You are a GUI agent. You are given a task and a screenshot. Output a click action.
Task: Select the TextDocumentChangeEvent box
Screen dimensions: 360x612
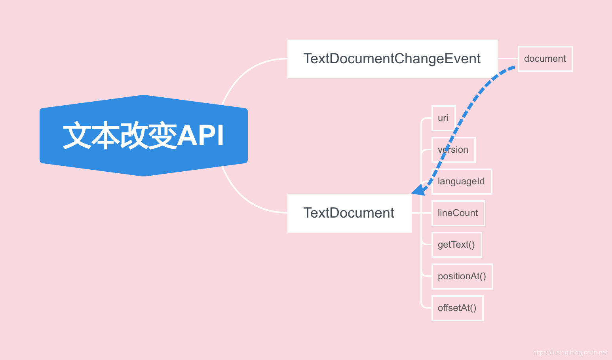point(392,59)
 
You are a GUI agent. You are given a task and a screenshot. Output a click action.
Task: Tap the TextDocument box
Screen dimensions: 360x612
point(349,213)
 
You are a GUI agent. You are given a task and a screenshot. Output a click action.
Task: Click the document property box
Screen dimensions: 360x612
point(545,59)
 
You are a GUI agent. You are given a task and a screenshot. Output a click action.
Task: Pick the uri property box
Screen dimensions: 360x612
point(443,118)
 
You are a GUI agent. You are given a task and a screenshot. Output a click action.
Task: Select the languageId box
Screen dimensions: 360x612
point(462,182)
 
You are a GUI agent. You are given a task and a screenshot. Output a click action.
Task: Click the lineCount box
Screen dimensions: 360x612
point(458,213)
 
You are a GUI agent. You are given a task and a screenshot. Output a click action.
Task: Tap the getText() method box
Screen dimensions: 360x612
point(456,245)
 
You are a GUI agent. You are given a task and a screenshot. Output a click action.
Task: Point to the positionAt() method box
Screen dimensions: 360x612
point(462,277)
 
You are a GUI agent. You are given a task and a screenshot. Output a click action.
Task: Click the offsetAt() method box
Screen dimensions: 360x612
point(457,308)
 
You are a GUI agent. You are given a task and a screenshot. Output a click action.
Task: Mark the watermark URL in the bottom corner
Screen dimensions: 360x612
point(570,352)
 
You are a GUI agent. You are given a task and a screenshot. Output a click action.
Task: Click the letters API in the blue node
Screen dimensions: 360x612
point(201,136)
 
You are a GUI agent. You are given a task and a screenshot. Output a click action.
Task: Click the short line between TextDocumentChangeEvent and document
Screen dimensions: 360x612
point(508,59)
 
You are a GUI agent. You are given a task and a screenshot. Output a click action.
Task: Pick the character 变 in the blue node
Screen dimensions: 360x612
point(162,136)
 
